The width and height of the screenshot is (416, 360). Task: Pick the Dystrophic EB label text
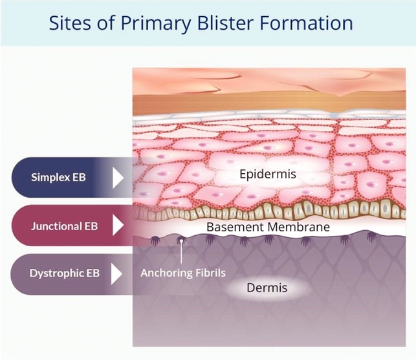[65, 273]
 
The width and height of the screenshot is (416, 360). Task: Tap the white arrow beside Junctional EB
[118, 226]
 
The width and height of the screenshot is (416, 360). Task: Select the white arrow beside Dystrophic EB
[118, 273]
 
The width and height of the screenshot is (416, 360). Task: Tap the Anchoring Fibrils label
[183, 273]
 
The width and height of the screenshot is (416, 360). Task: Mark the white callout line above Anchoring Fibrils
[182, 253]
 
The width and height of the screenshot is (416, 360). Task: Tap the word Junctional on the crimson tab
[53, 226]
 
